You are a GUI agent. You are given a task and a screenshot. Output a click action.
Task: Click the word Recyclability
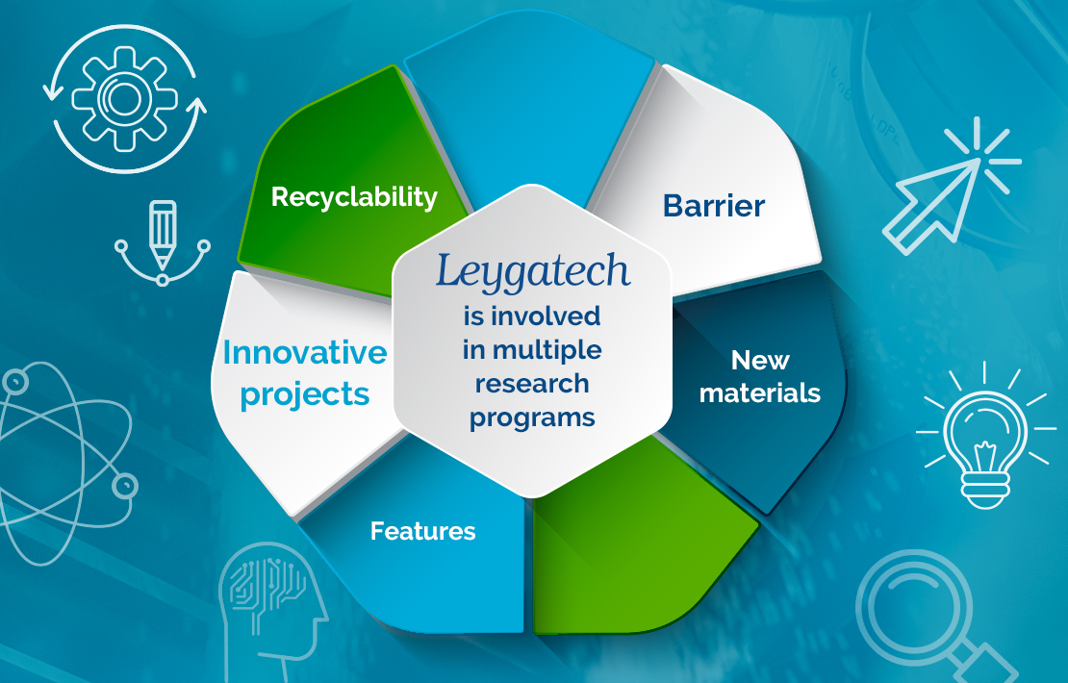click(x=354, y=198)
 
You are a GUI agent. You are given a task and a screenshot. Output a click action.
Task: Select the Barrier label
click(x=714, y=206)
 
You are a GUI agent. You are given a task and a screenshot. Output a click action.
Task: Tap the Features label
click(x=423, y=531)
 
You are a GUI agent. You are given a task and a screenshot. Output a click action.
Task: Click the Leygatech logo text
click(x=533, y=272)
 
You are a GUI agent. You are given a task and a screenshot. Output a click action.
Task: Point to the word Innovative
click(x=305, y=353)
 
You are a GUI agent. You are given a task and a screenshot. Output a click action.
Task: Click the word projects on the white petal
click(x=305, y=396)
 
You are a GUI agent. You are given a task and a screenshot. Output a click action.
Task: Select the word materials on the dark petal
click(x=760, y=392)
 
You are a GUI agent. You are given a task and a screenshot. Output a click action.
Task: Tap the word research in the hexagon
click(x=532, y=384)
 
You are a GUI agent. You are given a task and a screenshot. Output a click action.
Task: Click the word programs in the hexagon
click(x=532, y=418)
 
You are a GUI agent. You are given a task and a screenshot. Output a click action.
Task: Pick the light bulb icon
click(x=985, y=436)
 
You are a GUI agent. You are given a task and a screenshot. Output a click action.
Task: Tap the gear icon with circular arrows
click(x=125, y=98)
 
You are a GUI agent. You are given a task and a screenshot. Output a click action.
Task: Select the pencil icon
click(x=163, y=242)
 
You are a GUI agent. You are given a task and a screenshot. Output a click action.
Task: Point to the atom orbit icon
click(x=65, y=463)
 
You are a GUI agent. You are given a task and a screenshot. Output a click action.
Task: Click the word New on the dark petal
click(x=760, y=360)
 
